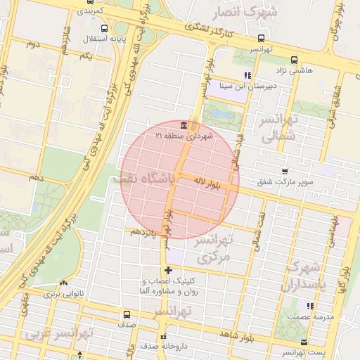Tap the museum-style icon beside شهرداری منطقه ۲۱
click(184, 125)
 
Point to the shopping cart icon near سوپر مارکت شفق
click(284, 171)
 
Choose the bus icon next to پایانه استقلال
click(105, 29)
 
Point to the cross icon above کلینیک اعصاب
click(167, 270)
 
